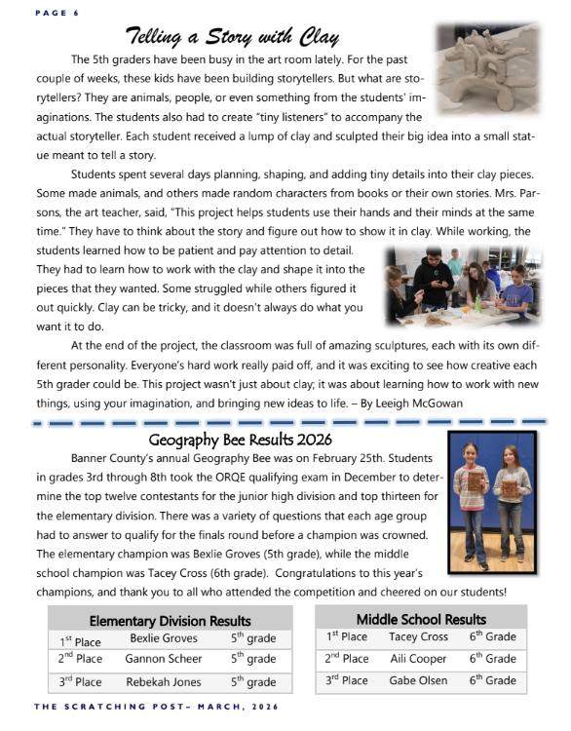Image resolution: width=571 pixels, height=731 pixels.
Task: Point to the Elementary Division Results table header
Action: coord(171,620)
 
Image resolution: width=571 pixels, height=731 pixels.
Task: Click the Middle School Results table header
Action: coord(421,619)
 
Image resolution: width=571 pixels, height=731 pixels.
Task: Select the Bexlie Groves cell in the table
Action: coord(164,639)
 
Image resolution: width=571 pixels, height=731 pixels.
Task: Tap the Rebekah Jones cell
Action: coord(165,682)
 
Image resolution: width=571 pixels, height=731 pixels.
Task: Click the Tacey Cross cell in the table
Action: coord(418,637)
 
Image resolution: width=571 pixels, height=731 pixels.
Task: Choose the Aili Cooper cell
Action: coord(419,659)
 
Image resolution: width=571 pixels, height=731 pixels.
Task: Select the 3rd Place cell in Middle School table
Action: coord(347,680)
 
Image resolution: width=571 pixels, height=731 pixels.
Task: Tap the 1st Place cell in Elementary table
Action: coord(80,640)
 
